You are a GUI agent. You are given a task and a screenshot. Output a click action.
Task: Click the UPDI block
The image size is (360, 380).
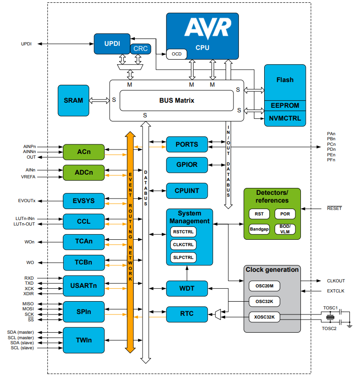(x=112, y=44)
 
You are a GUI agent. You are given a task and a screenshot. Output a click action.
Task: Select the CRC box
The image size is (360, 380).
(x=141, y=49)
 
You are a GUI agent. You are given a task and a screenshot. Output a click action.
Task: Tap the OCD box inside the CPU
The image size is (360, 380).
(x=177, y=54)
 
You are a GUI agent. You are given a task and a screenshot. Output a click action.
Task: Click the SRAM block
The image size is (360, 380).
(x=73, y=100)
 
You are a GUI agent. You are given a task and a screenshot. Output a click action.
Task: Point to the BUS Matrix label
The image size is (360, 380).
(x=177, y=100)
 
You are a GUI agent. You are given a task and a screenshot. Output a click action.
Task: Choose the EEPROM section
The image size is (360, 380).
(x=285, y=105)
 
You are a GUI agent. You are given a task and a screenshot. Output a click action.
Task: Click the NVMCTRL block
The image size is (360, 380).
(x=285, y=118)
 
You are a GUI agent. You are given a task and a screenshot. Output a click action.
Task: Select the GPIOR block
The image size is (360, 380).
(x=187, y=164)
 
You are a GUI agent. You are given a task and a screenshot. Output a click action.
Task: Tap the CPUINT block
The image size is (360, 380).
(x=187, y=190)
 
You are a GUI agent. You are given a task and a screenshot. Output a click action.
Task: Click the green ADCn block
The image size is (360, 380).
(x=83, y=173)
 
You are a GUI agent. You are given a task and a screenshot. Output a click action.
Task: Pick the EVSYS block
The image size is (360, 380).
(x=83, y=201)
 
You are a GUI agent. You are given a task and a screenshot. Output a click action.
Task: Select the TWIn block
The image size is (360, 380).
(x=83, y=340)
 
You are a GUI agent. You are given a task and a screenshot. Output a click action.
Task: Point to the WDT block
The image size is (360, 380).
(x=187, y=288)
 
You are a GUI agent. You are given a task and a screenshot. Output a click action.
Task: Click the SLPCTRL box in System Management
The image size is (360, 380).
(x=183, y=257)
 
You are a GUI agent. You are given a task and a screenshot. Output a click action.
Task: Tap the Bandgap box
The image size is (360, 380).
(x=259, y=229)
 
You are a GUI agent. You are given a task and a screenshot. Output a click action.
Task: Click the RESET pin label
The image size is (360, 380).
(x=334, y=209)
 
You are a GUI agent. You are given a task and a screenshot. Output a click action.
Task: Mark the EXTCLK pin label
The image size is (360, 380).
(x=336, y=291)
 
